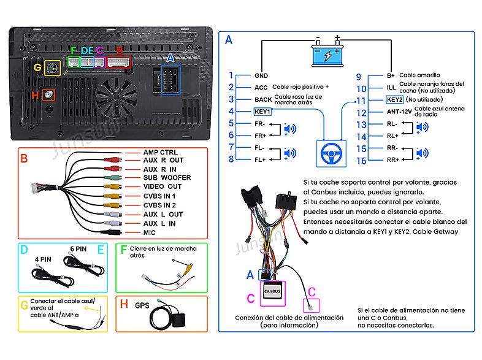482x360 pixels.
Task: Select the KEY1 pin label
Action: click(x=262, y=112)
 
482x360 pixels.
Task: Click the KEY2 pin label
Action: click(x=395, y=99)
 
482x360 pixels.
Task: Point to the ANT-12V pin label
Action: click(x=399, y=113)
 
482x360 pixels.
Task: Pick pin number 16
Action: click(x=361, y=161)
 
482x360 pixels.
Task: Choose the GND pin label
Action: click(x=261, y=75)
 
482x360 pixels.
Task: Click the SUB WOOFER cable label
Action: click(x=167, y=178)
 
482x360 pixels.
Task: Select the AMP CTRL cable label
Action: click(x=161, y=152)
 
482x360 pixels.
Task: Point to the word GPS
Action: click(x=142, y=305)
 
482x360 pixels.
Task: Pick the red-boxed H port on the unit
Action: click(x=48, y=95)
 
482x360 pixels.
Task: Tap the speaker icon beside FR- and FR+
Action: click(x=288, y=129)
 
